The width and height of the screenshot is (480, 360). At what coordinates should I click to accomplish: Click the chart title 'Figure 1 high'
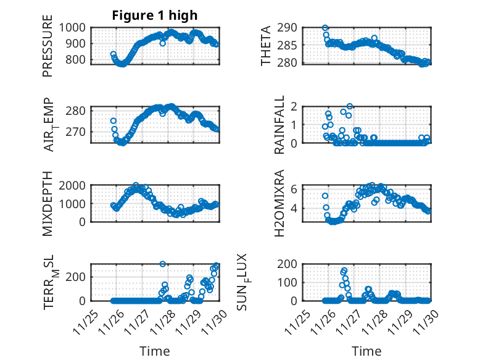tap(155, 15)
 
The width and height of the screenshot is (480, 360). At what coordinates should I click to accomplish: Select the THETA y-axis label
tap(266, 46)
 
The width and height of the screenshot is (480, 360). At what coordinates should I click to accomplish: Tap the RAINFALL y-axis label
tap(279, 125)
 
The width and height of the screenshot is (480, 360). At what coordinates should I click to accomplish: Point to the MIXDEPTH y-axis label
tap(48, 203)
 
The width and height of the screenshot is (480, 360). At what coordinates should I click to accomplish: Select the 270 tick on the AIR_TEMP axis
tap(80, 132)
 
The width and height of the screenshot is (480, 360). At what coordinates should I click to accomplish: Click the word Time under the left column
tap(155, 351)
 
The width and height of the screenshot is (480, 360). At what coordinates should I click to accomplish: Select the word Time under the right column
tap(367, 351)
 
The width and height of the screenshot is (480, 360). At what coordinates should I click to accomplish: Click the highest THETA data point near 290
tap(325, 28)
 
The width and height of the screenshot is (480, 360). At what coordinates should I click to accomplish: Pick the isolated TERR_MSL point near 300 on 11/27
tap(163, 264)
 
